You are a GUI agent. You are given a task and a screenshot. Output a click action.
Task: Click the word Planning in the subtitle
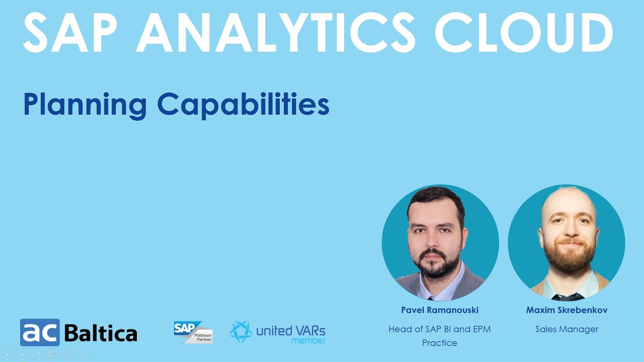[x=85, y=105]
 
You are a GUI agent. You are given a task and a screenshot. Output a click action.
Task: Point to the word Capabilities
[x=244, y=105]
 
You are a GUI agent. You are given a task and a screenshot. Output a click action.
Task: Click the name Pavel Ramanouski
[x=440, y=310]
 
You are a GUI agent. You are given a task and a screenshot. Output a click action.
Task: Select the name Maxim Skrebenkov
[x=567, y=310]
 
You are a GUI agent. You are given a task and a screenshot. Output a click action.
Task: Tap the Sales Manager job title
[x=567, y=329]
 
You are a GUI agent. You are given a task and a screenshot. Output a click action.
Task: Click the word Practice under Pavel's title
[x=440, y=343]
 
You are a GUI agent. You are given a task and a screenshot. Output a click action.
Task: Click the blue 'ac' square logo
[x=40, y=332]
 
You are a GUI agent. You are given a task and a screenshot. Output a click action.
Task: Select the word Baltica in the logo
[x=101, y=333]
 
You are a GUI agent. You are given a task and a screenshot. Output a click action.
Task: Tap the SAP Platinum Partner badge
[x=193, y=332]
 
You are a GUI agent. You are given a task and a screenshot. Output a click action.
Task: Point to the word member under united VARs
[x=308, y=341]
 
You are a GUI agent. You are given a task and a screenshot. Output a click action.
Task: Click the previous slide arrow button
[x=8, y=354]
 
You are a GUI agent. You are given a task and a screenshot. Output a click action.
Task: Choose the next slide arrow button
[x=23, y=354]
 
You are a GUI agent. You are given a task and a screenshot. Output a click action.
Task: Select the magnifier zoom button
[x=68, y=354]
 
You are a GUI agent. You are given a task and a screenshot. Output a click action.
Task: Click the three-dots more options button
[x=83, y=354]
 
